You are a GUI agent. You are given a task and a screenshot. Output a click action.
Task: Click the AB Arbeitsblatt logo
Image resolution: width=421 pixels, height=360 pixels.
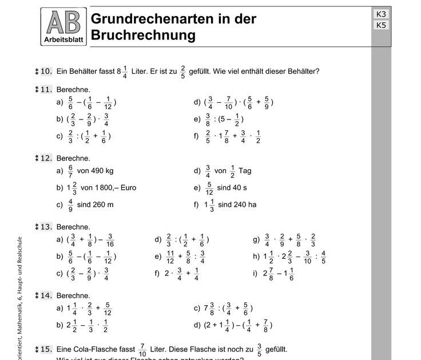pyautogui.click(x=64, y=27)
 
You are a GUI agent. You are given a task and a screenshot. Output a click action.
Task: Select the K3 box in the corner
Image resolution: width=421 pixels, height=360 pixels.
pyautogui.click(x=382, y=14)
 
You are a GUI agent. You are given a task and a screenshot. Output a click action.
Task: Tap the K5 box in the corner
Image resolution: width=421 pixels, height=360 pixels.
pyautogui.click(x=382, y=25)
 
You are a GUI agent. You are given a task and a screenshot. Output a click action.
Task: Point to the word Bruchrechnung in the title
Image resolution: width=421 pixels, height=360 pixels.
pyautogui.click(x=143, y=35)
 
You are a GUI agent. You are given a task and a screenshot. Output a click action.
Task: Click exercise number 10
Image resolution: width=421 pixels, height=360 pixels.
pyautogui.click(x=46, y=71)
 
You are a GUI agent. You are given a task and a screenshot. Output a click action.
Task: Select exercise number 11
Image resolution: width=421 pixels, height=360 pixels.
pyautogui.click(x=46, y=89)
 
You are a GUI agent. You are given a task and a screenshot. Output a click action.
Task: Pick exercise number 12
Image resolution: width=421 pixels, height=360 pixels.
pyautogui.click(x=46, y=158)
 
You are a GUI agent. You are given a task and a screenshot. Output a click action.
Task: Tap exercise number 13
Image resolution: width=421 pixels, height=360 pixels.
pyautogui.click(x=46, y=226)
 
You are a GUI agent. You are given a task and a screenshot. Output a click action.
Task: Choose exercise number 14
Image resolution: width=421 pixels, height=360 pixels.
pyautogui.click(x=46, y=295)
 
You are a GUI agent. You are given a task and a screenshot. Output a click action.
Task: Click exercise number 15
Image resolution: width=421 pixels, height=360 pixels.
pyautogui.click(x=46, y=349)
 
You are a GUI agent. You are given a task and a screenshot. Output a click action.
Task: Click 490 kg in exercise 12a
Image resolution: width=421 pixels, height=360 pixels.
pyautogui.click(x=101, y=170)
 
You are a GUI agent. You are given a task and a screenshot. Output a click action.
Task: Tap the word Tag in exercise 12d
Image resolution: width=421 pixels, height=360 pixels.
pyautogui.click(x=245, y=170)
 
